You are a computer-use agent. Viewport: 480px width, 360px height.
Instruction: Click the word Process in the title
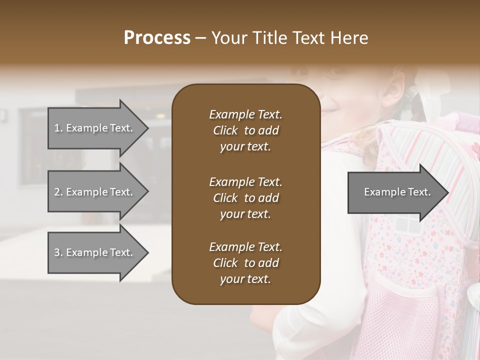[x=157, y=38]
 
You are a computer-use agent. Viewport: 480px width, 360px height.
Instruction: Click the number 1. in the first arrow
[x=58, y=128]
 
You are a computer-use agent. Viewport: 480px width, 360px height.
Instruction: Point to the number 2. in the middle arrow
[x=58, y=192]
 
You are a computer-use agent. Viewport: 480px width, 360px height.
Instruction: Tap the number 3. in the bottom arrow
[x=58, y=252]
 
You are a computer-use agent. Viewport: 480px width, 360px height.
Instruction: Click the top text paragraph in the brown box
[x=245, y=130]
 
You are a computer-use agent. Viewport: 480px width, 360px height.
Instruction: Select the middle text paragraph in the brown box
[x=245, y=198]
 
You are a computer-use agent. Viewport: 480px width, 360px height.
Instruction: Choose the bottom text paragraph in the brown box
[x=245, y=263]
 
